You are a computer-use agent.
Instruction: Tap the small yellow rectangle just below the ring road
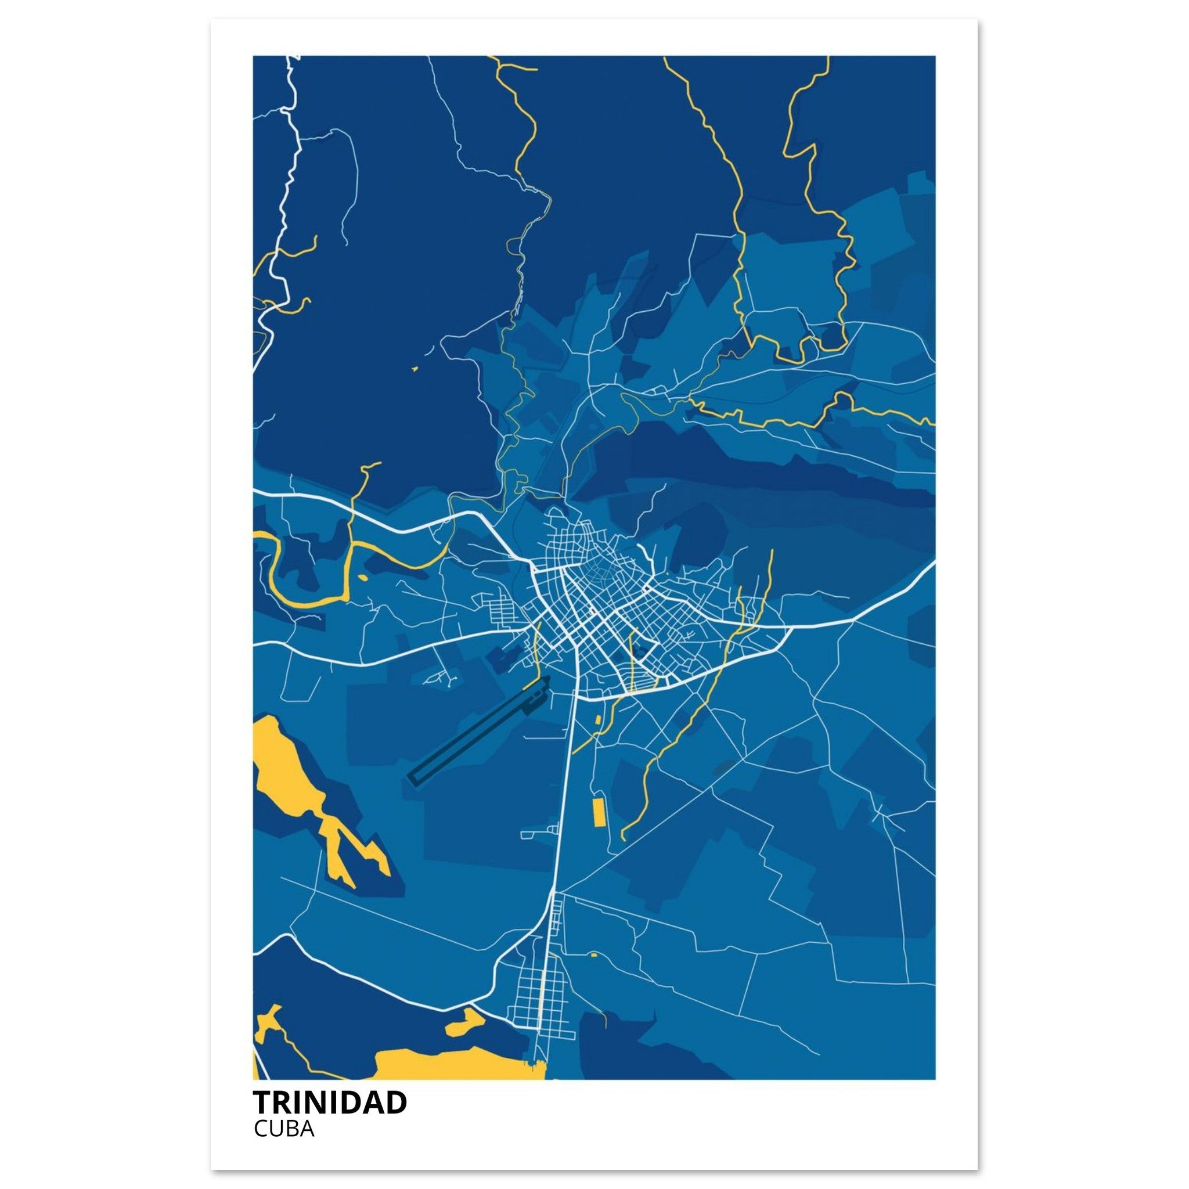(596, 719)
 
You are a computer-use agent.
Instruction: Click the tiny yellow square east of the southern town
(594, 954)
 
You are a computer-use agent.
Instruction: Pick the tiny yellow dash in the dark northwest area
(414, 369)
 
